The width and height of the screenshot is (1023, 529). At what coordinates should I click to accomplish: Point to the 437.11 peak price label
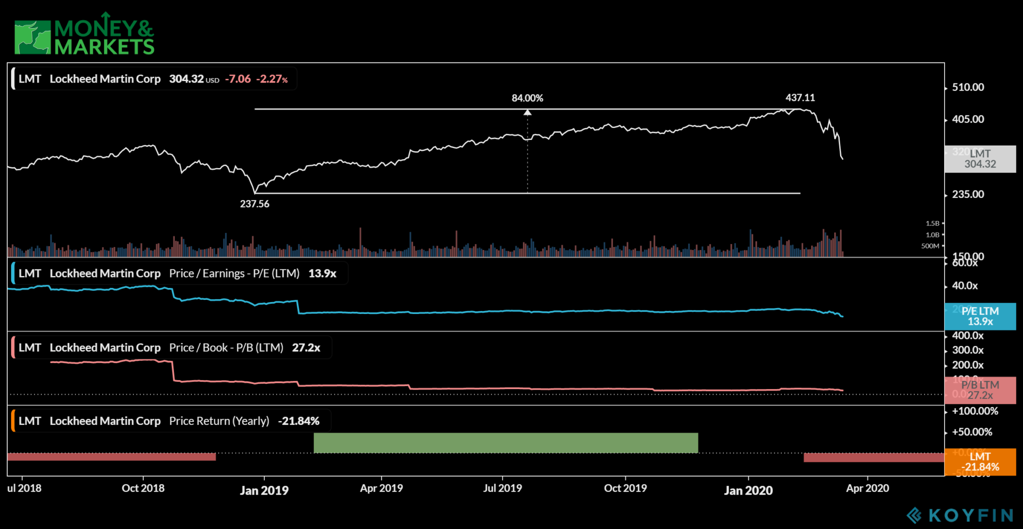[800, 97]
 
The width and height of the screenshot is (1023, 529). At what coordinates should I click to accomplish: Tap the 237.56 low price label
[254, 204]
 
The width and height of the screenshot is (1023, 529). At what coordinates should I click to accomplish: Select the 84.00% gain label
[527, 98]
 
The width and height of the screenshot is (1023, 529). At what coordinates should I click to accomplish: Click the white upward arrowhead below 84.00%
[527, 112]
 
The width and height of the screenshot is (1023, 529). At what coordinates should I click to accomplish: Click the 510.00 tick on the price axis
[968, 87]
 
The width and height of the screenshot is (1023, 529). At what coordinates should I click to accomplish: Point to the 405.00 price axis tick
[968, 119]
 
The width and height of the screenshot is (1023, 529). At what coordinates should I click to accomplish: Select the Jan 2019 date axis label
[264, 490]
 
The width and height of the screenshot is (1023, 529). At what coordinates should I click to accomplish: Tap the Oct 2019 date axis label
[625, 488]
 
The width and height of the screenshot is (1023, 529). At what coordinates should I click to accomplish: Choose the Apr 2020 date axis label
[867, 488]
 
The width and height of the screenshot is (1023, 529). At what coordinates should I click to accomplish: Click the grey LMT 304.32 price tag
[980, 159]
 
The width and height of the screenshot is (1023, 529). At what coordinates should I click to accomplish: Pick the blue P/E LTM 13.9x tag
[980, 316]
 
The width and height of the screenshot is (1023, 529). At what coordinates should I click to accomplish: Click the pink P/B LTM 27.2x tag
[980, 390]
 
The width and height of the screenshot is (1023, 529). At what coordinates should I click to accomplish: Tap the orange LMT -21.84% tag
[980, 461]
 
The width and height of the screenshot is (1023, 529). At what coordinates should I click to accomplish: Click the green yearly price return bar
[506, 443]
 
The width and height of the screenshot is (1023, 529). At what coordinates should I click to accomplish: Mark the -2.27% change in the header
[272, 79]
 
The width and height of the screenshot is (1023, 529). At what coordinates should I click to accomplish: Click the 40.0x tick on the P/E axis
[965, 286]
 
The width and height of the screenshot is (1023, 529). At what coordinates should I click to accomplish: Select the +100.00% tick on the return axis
[975, 411]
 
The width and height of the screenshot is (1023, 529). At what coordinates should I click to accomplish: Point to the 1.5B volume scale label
[932, 223]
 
